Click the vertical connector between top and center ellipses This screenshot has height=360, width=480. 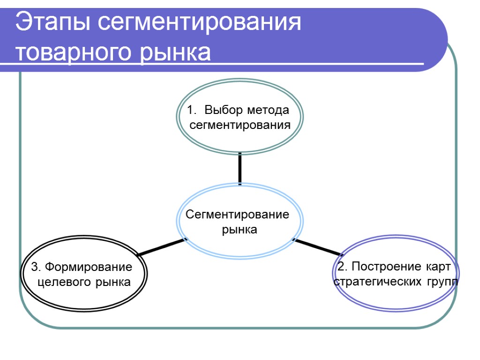[x=240, y=168]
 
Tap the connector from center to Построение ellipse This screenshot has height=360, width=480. [x=317, y=247]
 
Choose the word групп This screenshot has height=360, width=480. [x=443, y=282]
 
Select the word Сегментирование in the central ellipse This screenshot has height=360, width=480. [x=238, y=215]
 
